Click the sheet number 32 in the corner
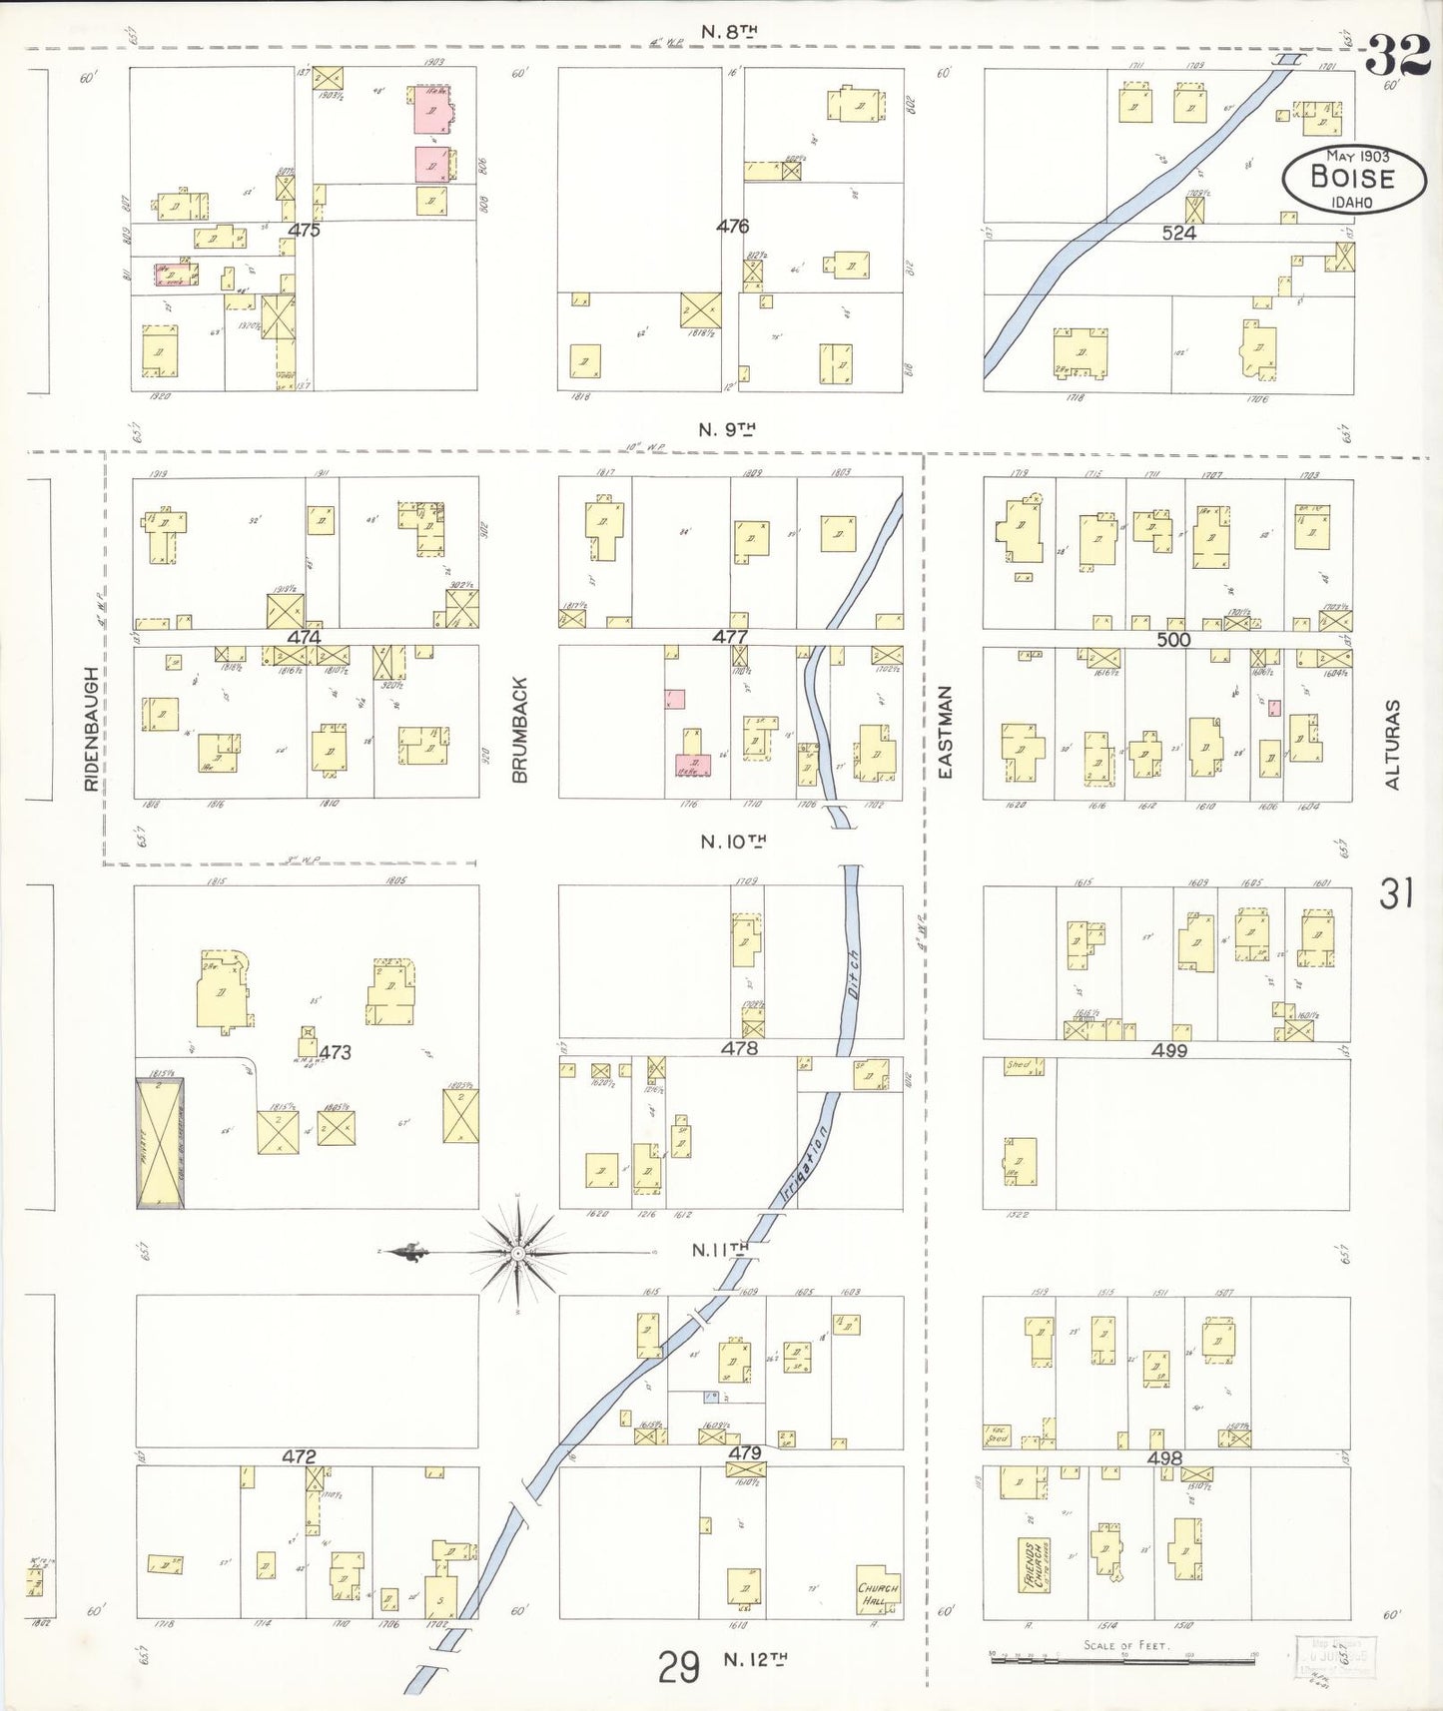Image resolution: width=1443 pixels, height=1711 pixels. [1397, 56]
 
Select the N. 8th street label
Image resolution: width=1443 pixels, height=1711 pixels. [728, 32]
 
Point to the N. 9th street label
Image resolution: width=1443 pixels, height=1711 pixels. [726, 430]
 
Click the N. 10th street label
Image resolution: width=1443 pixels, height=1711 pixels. [732, 843]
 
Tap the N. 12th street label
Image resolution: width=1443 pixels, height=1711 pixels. [755, 1659]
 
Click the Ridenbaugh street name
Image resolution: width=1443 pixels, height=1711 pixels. [92, 729]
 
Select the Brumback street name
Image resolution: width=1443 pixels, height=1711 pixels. [519, 729]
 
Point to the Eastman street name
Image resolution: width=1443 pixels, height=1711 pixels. [946, 732]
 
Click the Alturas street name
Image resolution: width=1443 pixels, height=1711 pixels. [1393, 744]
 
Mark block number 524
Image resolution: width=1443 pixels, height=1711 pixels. [1178, 233]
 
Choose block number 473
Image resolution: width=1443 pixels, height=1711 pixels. [336, 1052]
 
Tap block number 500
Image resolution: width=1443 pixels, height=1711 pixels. [1173, 639]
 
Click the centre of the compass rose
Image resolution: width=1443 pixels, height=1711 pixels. [518, 1252]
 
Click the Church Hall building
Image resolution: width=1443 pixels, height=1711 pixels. [878, 1594]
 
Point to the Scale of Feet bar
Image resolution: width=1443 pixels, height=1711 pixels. [1120, 1659]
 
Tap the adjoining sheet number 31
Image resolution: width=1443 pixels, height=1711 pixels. [1395, 893]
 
